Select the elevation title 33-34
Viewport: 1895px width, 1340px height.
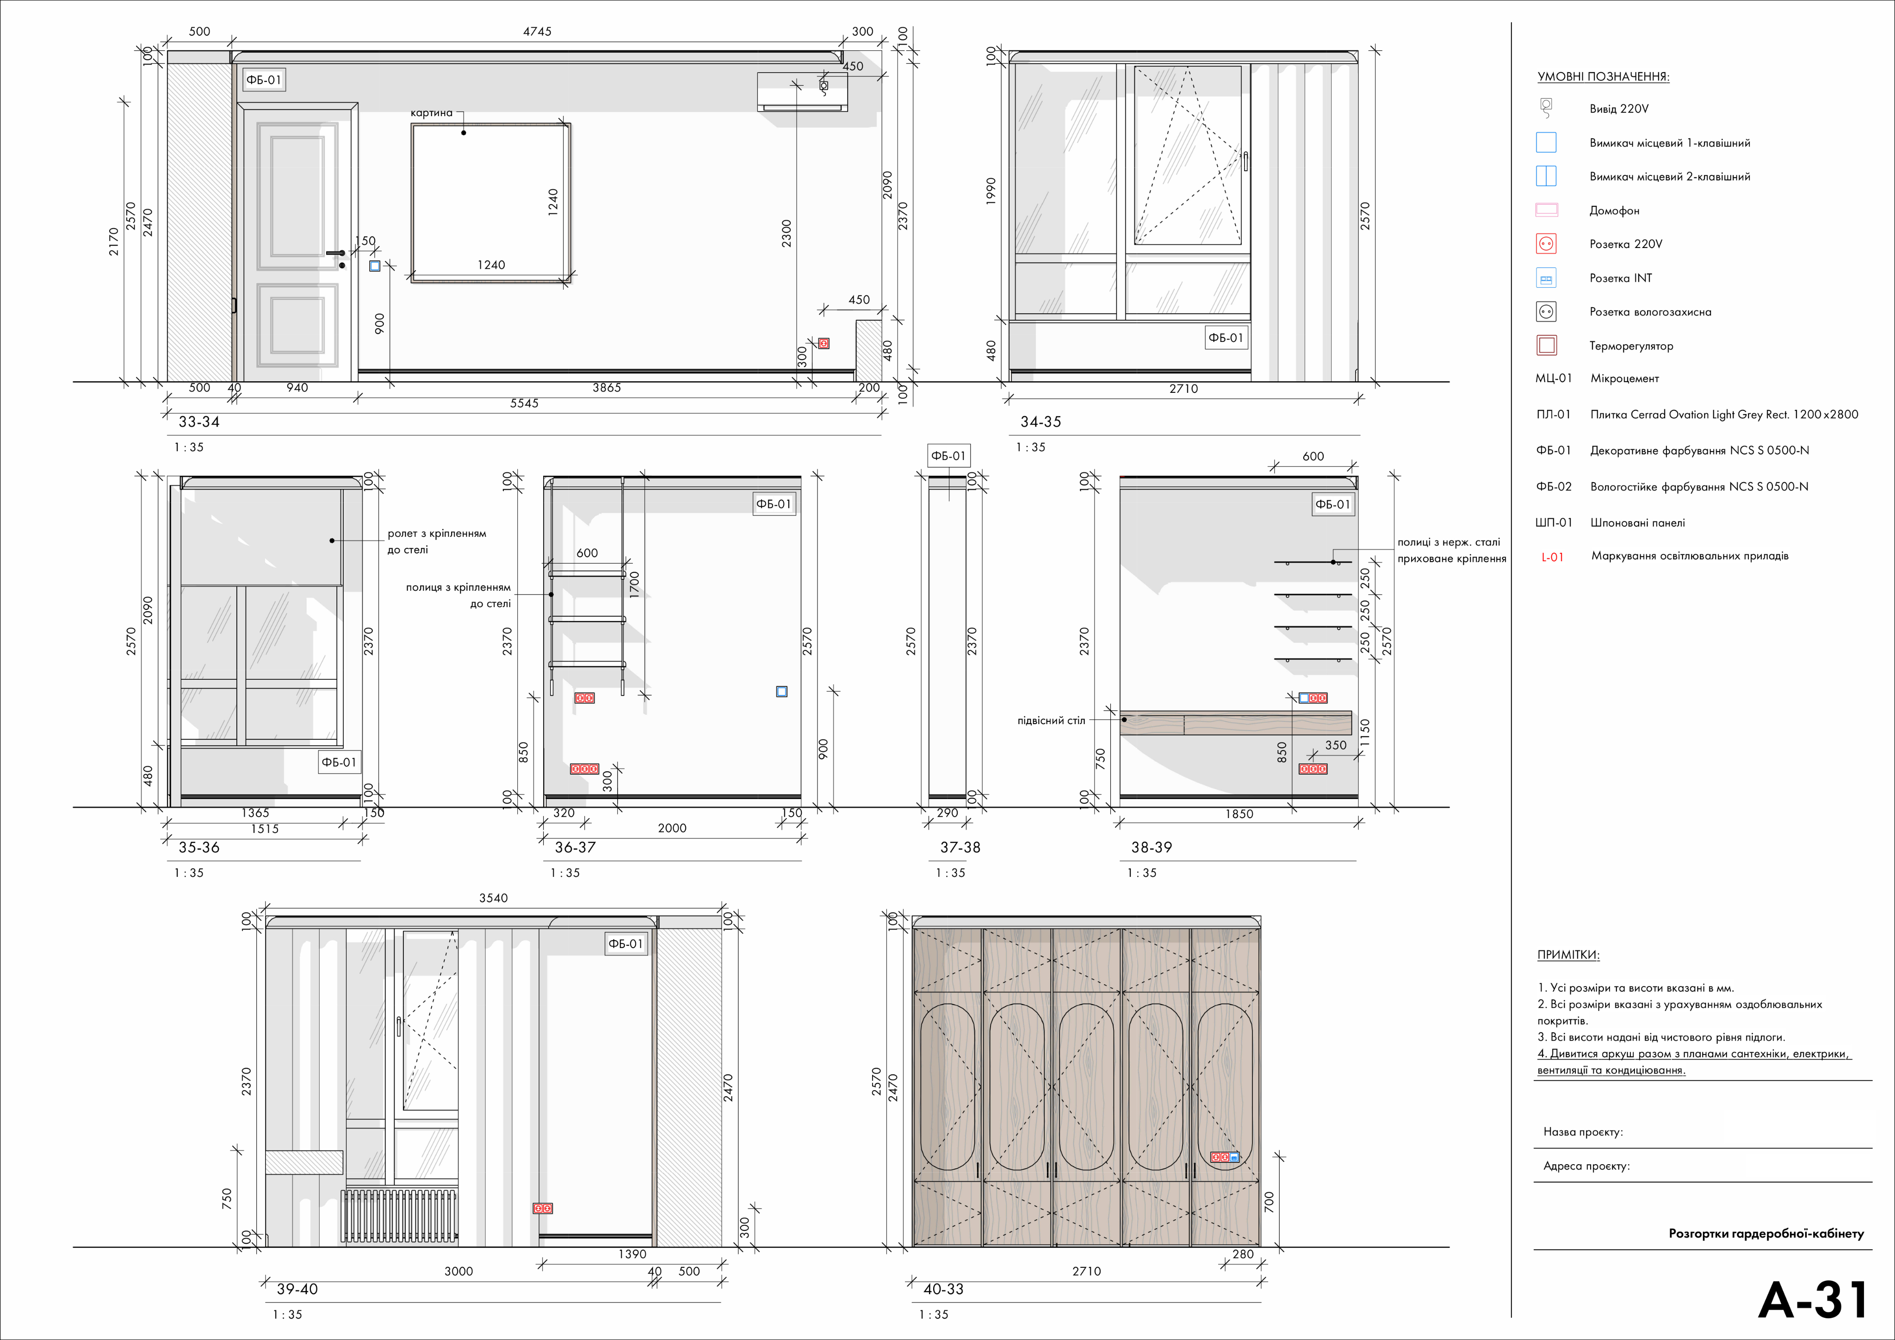tap(199, 422)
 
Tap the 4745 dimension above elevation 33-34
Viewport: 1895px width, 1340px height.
tap(537, 31)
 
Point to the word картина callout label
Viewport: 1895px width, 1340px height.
tap(432, 113)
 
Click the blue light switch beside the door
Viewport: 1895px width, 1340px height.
tap(375, 266)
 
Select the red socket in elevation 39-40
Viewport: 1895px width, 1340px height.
tap(542, 1208)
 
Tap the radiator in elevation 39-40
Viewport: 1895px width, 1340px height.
tap(399, 1216)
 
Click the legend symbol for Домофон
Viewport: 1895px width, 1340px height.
tap(1546, 210)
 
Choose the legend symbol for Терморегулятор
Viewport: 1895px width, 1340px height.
tap(1547, 345)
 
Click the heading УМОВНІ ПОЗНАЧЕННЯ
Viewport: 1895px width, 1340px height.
tap(1603, 77)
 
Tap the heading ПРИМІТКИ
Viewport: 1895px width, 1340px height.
tap(1568, 955)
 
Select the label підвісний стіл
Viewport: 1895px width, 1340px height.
tap(1052, 721)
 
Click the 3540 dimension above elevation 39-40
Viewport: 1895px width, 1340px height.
tap(494, 898)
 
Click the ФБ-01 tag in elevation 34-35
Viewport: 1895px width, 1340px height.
tap(1226, 338)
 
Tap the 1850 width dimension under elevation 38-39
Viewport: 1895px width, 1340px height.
tap(1239, 814)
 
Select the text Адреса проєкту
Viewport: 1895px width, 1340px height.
tap(1586, 1166)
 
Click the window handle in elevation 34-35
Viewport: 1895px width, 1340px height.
tap(1245, 161)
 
